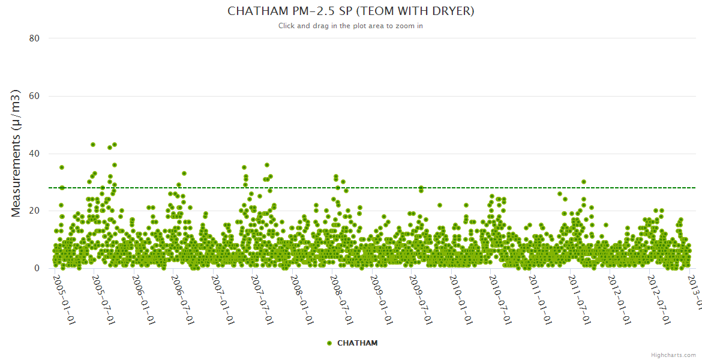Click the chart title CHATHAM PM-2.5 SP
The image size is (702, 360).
pyautogui.click(x=350, y=11)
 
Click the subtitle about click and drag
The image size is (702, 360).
pyautogui.click(x=350, y=26)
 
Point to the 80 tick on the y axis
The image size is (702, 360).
pyautogui.click(x=34, y=38)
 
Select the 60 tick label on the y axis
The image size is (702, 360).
pyautogui.click(x=34, y=96)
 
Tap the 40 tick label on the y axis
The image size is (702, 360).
pyautogui.click(x=34, y=154)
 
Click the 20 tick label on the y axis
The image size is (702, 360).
pyautogui.click(x=34, y=211)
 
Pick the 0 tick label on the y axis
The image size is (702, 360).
pyautogui.click(x=37, y=268)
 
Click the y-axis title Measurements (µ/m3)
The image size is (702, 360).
pyautogui.click(x=16, y=153)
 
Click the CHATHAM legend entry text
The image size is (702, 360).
pyautogui.click(x=358, y=343)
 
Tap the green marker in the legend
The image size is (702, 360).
pyautogui.click(x=329, y=343)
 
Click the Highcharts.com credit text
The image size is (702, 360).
pyautogui.click(x=673, y=355)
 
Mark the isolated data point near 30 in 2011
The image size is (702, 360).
pyautogui.click(x=583, y=182)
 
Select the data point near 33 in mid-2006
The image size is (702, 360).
pyautogui.click(x=184, y=173)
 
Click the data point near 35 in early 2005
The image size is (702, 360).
pyautogui.click(x=61, y=167)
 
